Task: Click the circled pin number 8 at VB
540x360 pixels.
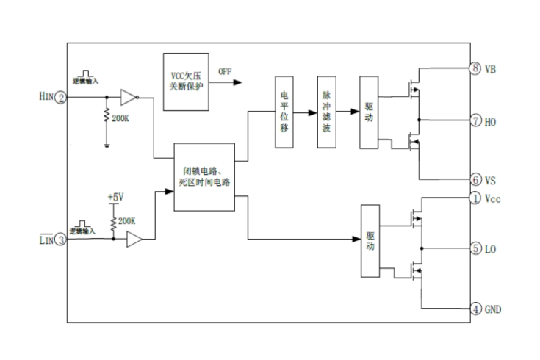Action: click(x=475, y=68)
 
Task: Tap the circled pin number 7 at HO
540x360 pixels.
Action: click(x=475, y=120)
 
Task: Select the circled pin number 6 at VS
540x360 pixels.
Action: click(x=475, y=179)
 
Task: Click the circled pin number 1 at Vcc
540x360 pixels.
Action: click(x=475, y=198)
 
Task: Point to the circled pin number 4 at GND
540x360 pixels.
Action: click(x=475, y=309)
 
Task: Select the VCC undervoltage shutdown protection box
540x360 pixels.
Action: click(x=187, y=82)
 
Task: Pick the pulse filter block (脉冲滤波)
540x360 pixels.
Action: click(x=327, y=111)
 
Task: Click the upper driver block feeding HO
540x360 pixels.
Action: click(x=370, y=111)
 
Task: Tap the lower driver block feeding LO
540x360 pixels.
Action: click(x=370, y=241)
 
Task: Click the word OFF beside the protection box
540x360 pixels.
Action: click(x=224, y=72)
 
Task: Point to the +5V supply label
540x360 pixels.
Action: click(x=115, y=198)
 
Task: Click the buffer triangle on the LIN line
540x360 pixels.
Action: click(x=134, y=239)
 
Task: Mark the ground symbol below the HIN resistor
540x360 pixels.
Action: click(x=107, y=144)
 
